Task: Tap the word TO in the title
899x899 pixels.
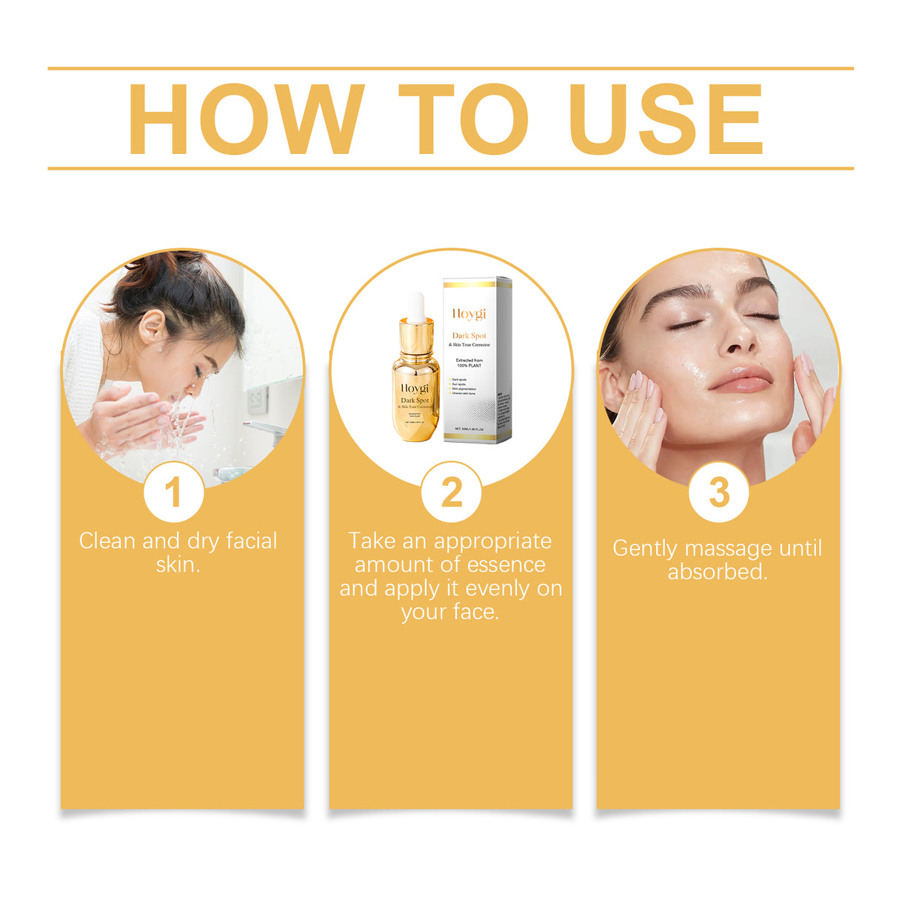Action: point(464,119)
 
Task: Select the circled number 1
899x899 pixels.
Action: point(173,492)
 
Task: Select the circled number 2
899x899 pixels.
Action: point(451,492)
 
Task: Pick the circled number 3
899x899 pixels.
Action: point(718,492)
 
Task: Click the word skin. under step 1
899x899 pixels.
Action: point(178,565)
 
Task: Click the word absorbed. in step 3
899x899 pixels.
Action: point(718,572)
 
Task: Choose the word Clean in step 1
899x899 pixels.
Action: point(107,541)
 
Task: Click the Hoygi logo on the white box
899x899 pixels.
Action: point(469,315)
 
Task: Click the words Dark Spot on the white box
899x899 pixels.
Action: point(469,336)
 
